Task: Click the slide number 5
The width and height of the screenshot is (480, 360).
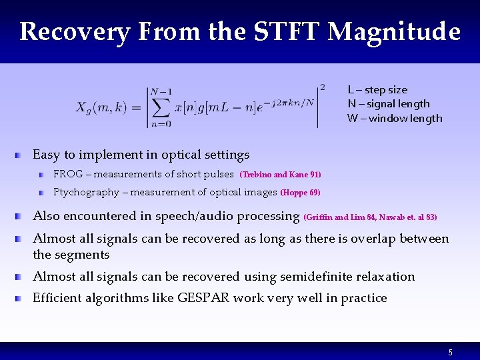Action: point(451,352)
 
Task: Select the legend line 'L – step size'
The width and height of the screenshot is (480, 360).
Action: point(377,90)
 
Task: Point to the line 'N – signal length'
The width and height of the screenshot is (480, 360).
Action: point(389,104)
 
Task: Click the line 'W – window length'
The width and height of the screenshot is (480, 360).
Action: point(395,119)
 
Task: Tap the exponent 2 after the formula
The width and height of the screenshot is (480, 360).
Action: point(323,87)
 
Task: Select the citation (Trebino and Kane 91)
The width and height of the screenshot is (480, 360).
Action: point(280,175)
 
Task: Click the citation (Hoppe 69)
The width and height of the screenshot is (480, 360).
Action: point(300,193)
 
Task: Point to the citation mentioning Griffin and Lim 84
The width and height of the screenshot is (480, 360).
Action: point(370,217)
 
